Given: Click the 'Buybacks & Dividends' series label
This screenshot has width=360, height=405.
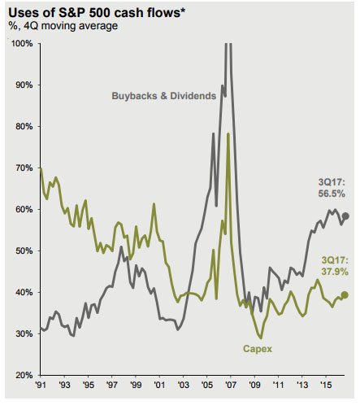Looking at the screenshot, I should click(x=163, y=96).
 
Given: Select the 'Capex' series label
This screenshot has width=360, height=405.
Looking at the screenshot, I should click(x=257, y=350).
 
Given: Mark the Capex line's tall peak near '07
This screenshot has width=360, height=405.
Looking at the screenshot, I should click(x=228, y=133).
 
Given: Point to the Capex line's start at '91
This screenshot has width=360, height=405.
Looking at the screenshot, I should click(x=41, y=168).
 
